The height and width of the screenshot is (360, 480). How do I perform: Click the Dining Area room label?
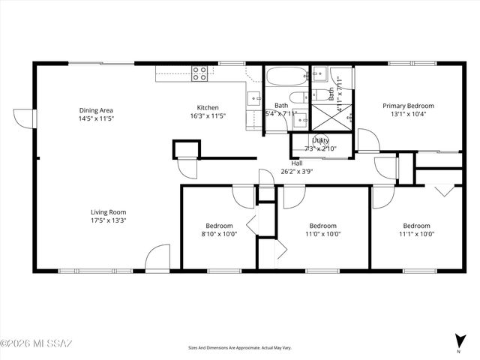96,110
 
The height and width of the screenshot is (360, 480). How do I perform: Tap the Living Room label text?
108,212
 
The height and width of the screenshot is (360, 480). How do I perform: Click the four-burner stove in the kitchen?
199,73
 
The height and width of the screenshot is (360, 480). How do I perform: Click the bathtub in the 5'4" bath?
285,76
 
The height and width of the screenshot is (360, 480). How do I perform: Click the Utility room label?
320,140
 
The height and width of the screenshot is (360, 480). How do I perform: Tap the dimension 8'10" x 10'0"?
220,234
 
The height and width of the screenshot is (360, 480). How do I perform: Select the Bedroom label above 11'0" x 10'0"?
322,226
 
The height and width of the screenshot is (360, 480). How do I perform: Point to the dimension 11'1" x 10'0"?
417,234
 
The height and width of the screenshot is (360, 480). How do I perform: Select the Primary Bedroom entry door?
367,140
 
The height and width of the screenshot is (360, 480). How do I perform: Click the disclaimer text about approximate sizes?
239,348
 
